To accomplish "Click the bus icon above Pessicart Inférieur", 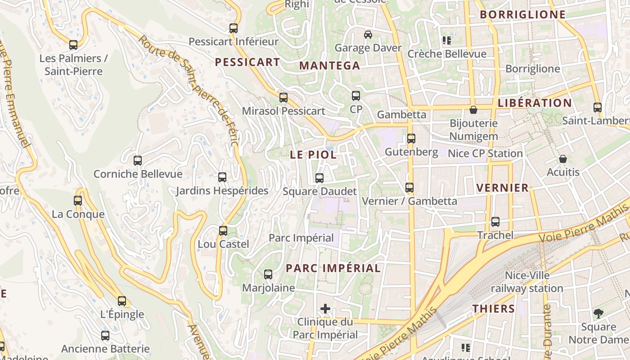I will (233, 28).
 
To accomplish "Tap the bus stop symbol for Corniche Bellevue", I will (138, 161).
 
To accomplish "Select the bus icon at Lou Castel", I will (223, 231).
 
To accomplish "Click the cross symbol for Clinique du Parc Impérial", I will (325, 309).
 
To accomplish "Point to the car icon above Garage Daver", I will (368, 35).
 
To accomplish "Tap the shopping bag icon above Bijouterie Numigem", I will (473, 110).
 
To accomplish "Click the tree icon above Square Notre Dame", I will (598, 314).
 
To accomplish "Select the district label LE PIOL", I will (313, 155).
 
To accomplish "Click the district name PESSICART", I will (247, 62).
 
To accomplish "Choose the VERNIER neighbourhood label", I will (502, 188).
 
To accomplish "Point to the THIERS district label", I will (494, 309).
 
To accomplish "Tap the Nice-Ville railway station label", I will (527, 282).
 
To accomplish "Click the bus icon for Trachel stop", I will (495, 222).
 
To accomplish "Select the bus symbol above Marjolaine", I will (268, 274).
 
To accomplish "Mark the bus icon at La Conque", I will (78, 201).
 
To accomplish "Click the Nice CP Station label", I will (485, 153).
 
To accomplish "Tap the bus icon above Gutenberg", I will (411, 139).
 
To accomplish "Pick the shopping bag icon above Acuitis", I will (562, 159).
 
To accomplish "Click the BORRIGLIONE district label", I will (522, 14).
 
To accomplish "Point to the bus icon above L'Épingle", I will (122, 301).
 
